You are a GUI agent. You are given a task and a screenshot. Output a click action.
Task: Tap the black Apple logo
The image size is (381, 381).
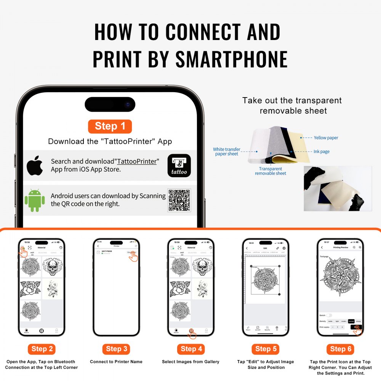tap(35, 165)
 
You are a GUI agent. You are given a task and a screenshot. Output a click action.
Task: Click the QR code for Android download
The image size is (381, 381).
tap(179, 200)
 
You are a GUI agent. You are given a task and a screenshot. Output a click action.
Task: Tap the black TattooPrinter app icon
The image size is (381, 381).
tap(179, 165)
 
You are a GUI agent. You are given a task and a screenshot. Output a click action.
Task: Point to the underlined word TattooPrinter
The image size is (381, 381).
tap(137, 162)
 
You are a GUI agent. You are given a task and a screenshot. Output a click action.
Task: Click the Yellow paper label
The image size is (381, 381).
tap(326, 138)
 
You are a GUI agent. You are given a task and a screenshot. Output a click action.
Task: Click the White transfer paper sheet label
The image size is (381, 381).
tap(227, 152)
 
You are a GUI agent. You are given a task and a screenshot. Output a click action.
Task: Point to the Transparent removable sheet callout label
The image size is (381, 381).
tap(271, 171)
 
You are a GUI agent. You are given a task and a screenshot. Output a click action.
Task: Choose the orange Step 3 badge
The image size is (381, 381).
tap(116, 349)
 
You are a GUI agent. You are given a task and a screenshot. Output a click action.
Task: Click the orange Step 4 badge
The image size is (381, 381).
tap(191, 349)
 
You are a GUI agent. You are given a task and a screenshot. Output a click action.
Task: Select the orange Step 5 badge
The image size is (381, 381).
tap(266, 349)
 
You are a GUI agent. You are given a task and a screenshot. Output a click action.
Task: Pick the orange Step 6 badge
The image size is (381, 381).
tap(340, 349)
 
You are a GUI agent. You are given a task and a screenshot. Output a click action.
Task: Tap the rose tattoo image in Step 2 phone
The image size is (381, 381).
tap(30, 289)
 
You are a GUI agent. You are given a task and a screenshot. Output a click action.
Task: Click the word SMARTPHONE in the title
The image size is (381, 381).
tap(231, 59)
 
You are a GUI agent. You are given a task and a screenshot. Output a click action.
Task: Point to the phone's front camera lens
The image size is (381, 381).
tap(128, 104)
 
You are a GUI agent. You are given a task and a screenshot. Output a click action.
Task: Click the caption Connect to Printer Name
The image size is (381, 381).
tap(116, 362)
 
